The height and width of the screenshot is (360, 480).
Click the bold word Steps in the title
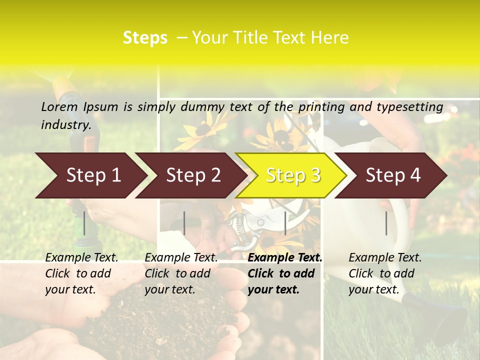click(145, 37)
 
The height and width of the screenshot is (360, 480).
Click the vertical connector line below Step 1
click(84, 223)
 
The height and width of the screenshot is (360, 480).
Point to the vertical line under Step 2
click(184, 223)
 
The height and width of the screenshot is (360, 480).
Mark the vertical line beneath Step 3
click(285, 223)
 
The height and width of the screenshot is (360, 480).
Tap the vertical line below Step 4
click(386, 223)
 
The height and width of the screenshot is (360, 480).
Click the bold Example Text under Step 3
click(285, 258)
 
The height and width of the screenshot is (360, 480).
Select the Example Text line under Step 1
click(81, 258)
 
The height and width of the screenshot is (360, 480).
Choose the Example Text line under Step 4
click(385, 258)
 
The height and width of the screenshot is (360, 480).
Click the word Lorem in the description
click(59, 106)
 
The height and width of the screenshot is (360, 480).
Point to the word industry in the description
click(66, 125)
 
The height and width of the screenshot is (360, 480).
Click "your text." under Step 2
click(170, 289)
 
